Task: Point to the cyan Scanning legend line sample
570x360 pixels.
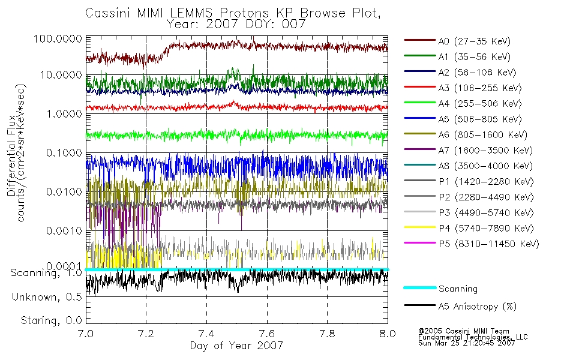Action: [x=419, y=288]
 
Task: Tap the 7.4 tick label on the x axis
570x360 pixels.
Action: [x=206, y=334]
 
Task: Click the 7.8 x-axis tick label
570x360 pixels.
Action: [x=327, y=334]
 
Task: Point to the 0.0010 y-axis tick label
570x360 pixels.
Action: [x=62, y=230]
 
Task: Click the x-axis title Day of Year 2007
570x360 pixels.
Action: [x=236, y=346]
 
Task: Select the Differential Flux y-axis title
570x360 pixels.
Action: [x=12, y=162]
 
